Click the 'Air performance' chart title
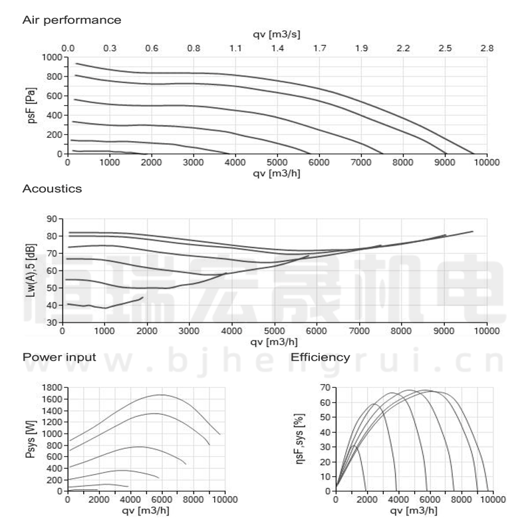72,20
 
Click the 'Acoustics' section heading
52,189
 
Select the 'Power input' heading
59,357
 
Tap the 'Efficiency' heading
321,357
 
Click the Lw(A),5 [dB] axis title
30,270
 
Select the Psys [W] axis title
30,438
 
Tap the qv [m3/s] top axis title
277,33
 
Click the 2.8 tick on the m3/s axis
487,49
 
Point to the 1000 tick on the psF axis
52,57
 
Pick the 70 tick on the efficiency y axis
326,387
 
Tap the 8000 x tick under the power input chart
194,500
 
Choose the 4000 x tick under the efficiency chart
398,500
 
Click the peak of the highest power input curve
161,395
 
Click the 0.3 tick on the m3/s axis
110,49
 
